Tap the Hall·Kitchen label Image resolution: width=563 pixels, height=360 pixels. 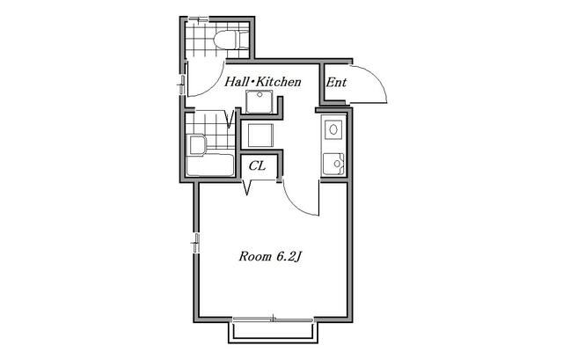pyautogui.click(x=263, y=82)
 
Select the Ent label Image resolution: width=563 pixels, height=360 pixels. pyautogui.click(x=336, y=83)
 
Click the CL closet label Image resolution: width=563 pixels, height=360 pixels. pyautogui.click(x=257, y=166)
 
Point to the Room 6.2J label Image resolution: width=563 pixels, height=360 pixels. pyautogui.click(x=270, y=256)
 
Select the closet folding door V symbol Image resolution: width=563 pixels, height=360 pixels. pyautogui.click(x=247, y=187)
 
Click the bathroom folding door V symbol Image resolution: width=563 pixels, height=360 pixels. pyautogui.click(x=230, y=119)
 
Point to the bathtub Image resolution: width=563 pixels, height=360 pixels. pyautogui.click(x=210, y=165)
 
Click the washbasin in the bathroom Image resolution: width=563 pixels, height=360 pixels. pyautogui.click(x=197, y=144)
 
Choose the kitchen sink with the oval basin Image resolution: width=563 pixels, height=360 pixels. pyautogui.click(x=333, y=129)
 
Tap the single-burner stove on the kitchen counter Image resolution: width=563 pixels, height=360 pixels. pyautogui.click(x=333, y=164)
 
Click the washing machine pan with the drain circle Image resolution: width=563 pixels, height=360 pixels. pyautogui.click(x=260, y=102)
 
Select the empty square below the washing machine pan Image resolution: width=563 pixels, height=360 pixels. pyautogui.click(x=260, y=136)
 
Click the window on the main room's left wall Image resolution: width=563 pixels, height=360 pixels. pyautogui.click(x=196, y=243)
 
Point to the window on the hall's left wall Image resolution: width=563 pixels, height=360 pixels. pyautogui.click(x=182, y=84)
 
